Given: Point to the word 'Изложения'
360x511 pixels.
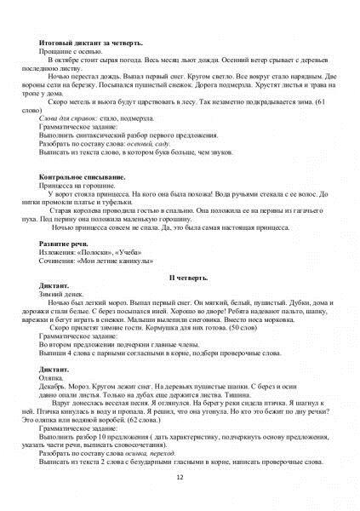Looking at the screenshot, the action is tap(59, 252).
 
